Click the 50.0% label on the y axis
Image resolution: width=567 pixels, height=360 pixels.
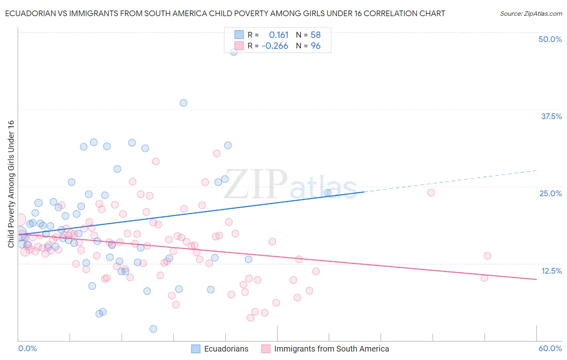tap(550, 39)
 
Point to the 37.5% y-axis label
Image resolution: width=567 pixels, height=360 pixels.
tap(551, 116)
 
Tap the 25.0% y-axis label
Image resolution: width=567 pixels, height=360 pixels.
tap(550, 193)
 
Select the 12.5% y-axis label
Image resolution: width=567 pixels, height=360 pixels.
tap(551, 271)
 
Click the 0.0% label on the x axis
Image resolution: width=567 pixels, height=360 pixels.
tap(27, 348)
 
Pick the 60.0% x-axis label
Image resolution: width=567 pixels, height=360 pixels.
tap(550, 348)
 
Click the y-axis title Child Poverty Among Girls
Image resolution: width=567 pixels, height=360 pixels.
tap(11, 184)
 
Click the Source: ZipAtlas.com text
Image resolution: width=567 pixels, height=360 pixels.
tap(531, 13)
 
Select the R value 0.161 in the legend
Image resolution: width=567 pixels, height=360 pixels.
tap(279, 35)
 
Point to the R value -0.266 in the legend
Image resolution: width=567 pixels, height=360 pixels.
tap(275, 46)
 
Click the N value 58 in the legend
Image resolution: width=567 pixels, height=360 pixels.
tap(315, 35)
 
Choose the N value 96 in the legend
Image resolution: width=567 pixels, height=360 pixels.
tap(315, 46)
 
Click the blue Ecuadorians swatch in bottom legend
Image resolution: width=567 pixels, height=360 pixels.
tap(196, 349)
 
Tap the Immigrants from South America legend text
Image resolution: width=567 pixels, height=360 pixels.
tap(331, 349)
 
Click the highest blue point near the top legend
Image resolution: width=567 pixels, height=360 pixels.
tap(233, 52)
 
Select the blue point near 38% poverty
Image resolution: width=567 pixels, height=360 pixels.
tap(183, 103)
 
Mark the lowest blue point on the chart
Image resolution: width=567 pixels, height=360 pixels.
tap(153, 329)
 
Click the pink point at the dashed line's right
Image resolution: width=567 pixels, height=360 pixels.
tap(431, 193)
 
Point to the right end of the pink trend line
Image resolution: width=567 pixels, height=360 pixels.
tap(536, 279)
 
